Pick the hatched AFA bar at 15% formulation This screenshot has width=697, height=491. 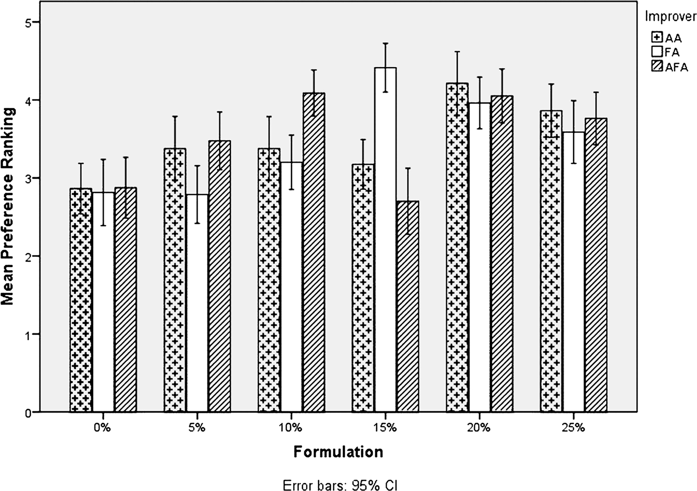(x=407, y=308)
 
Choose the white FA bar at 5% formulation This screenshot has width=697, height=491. (x=197, y=303)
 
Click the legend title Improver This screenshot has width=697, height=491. (x=671, y=16)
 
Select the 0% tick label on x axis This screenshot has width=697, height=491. (x=102, y=428)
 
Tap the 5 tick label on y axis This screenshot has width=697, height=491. (x=28, y=22)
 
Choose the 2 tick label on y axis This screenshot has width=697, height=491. (x=28, y=256)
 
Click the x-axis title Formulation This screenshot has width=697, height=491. (x=338, y=452)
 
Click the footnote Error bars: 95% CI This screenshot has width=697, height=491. (x=340, y=485)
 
